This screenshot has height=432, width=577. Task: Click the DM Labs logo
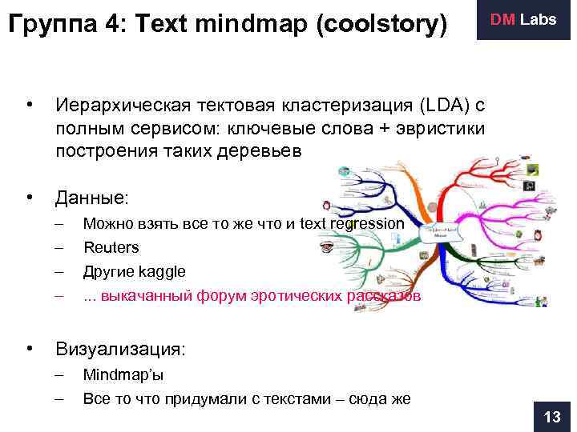(523, 20)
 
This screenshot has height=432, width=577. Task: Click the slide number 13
(552, 417)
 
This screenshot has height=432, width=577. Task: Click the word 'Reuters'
(111, 247)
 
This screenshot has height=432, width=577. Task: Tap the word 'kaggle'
(163, 271)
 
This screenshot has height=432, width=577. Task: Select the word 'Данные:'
(91, 197)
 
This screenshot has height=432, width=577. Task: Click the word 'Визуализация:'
(120, 349)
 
